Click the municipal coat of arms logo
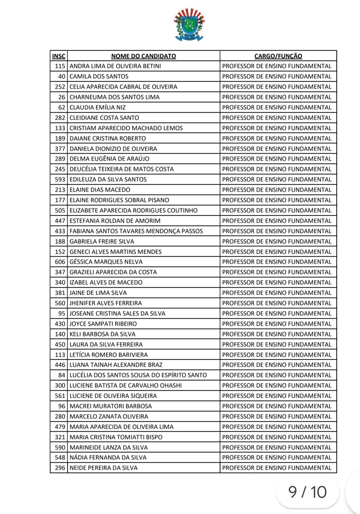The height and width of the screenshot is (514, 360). [189, 24]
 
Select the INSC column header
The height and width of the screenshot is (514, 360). [59, 56]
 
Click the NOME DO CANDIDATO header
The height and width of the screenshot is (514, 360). [144, 56]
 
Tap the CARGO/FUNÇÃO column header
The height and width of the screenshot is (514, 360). [278, 56]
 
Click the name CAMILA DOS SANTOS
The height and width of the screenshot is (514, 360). [99, 76]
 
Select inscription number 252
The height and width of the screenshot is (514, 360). [60, 87]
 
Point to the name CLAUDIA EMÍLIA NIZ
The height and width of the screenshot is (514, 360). [97, 107]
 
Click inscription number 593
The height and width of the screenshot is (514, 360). [60, 179]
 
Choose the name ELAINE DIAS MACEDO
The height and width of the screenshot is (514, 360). [100, 190]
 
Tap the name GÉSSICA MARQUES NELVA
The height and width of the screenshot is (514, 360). [106, 262]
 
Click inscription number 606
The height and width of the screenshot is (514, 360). [60, 262]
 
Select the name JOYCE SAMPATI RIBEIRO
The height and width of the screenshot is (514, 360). [103, 324]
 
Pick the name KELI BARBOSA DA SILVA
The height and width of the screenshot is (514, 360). [102, 334]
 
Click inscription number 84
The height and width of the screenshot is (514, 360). [62, 375]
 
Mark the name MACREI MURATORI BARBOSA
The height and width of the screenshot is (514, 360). [111, 406]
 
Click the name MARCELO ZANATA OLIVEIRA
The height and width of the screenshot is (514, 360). [109, 417]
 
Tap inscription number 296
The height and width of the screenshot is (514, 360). [60, 468]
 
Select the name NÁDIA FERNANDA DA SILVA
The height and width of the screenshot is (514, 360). [108, 458]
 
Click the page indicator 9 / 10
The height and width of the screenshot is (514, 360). [307, 492]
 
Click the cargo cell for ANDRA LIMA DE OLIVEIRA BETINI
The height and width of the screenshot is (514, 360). [277, 66]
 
